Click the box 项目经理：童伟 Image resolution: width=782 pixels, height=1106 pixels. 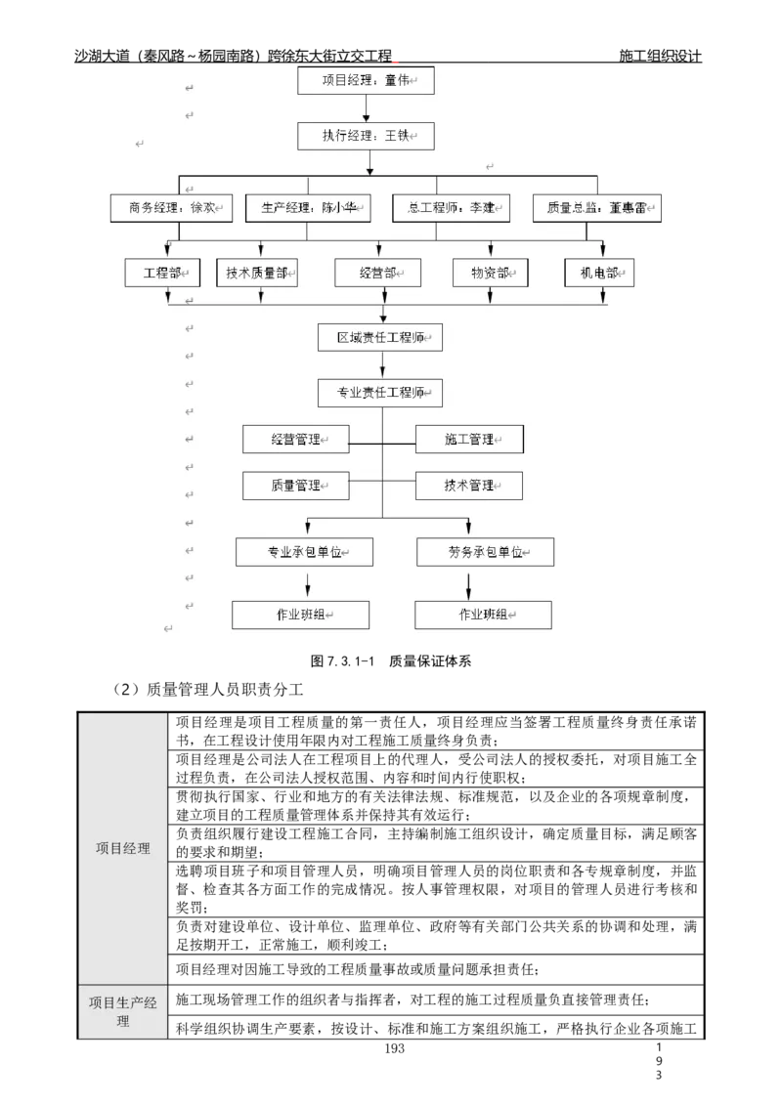click(366, 80)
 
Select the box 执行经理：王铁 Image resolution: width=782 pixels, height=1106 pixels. click(366, 136)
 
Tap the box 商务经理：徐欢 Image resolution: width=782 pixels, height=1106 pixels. click(172, 208)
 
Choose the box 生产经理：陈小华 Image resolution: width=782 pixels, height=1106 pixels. click(309, 208)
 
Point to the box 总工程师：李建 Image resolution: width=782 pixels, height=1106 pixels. click(451, 208)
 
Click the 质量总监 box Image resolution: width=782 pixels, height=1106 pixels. click(596, 208)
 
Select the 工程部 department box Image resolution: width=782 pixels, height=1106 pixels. click(162, 273)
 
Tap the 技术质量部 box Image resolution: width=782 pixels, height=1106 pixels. click(257, 273)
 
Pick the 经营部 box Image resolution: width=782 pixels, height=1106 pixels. click(377, 273)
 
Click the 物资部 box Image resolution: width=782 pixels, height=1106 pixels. click(491, 273)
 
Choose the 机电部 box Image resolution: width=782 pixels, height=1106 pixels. click(599, 273)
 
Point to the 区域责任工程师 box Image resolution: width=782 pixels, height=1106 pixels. click(380, 337)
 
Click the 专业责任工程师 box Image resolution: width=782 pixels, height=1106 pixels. click(380, 393)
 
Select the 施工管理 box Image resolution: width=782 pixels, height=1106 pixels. click(469, 440)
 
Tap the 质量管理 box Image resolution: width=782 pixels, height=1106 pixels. click(296, 486)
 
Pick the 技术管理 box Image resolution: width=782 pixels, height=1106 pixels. click(469, 486)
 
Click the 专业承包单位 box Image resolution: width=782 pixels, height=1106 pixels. click(305, 552)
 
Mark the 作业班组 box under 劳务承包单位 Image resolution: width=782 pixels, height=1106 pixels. click(483, 615)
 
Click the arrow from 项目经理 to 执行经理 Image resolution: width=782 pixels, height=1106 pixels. click(366, 108)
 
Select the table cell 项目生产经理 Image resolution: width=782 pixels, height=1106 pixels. click(123, 1011)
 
